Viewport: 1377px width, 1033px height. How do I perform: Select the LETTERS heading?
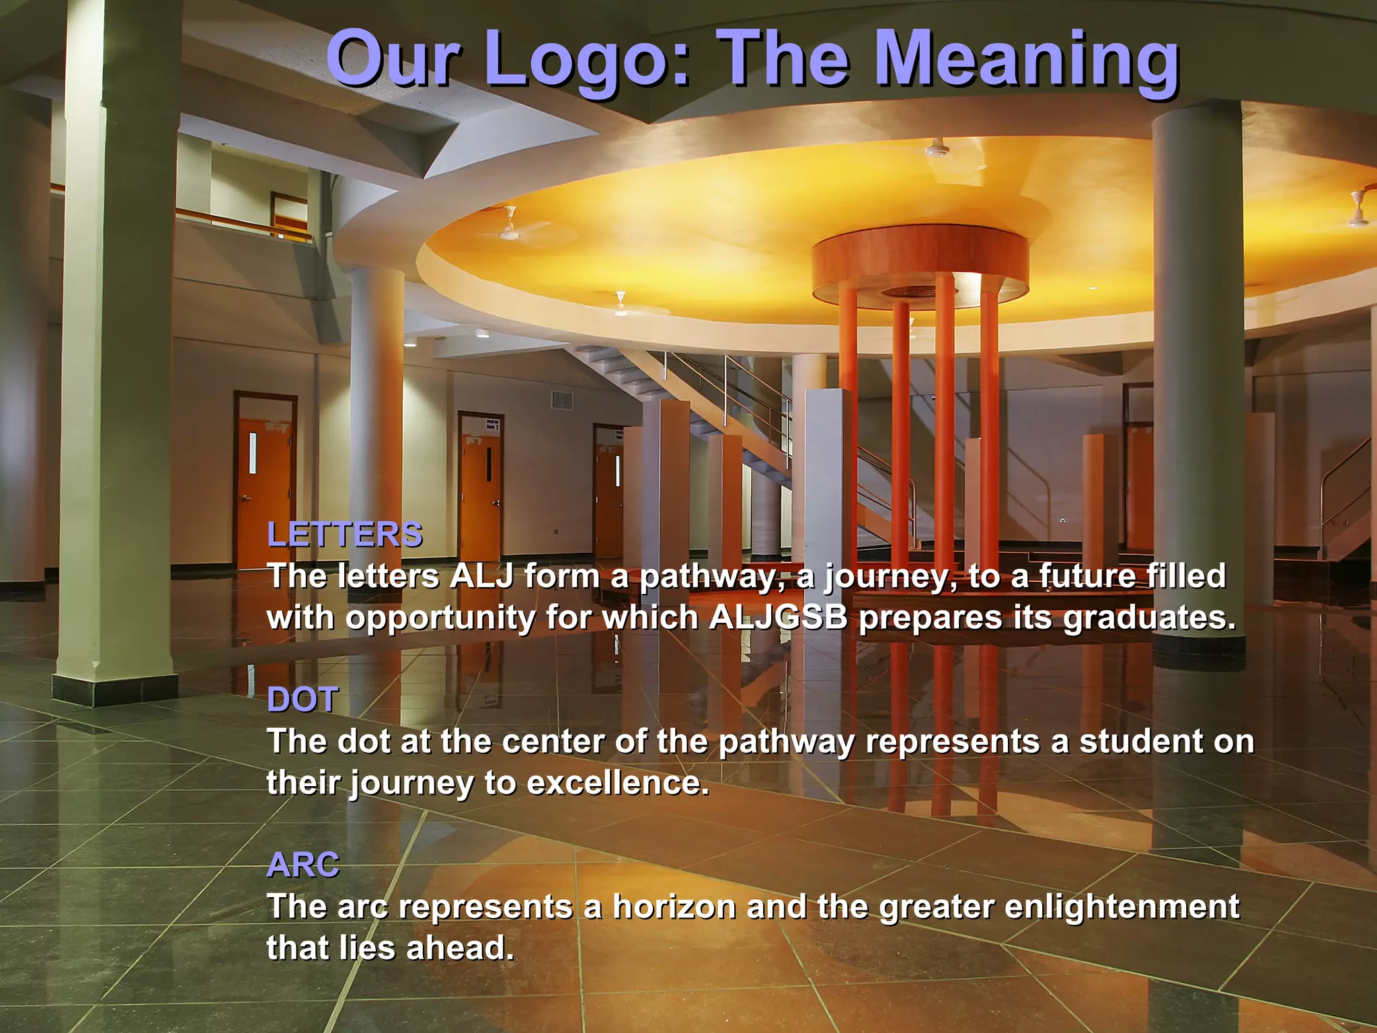(345, 535)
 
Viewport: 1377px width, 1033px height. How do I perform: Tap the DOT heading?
(303, 699)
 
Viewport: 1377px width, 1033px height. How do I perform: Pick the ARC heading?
(303, 865)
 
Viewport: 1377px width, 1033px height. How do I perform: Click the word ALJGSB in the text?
(778, 617)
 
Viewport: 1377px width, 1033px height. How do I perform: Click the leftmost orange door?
(264, 491)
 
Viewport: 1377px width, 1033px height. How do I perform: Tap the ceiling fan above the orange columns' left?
(509, 229)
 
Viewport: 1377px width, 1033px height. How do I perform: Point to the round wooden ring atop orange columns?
(920, 259)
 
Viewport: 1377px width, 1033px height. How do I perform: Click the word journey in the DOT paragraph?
(411, 784)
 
